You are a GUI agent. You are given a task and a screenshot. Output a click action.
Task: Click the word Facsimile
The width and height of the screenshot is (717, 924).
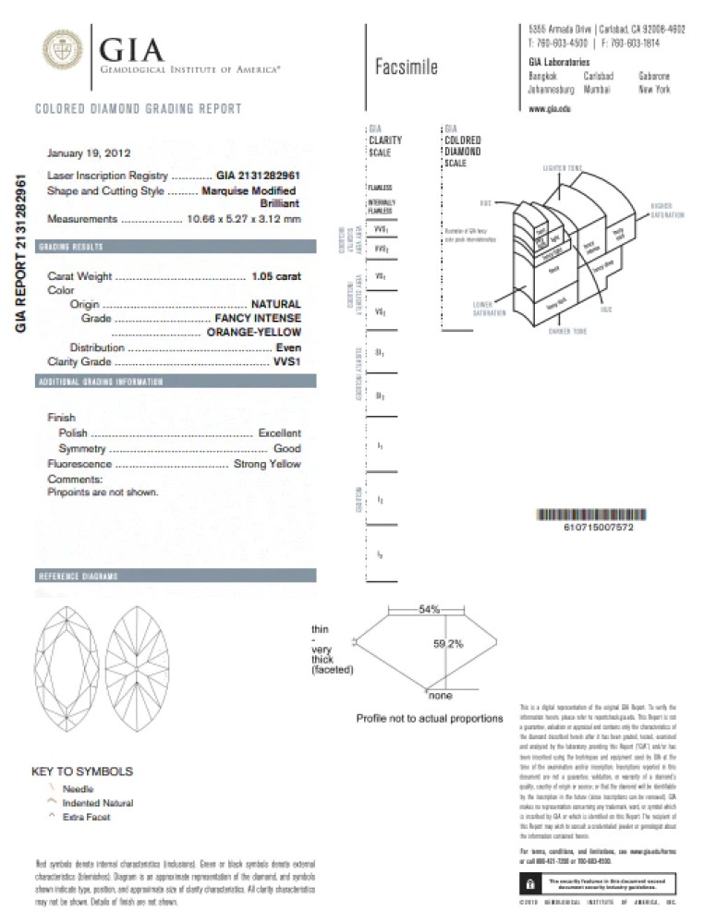pos(407,67)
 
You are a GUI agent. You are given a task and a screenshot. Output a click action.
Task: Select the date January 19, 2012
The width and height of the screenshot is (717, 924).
pos(89,152)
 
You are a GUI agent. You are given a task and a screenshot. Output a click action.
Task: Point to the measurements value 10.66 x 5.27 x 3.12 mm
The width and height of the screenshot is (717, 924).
pos(244,219)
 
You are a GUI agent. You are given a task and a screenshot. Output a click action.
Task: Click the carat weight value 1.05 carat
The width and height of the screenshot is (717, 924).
pos(276,275)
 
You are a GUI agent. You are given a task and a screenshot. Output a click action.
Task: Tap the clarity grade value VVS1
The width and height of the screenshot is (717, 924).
pos(287,361)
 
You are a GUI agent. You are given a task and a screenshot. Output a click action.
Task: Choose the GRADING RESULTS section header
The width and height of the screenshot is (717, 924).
pos(70,248)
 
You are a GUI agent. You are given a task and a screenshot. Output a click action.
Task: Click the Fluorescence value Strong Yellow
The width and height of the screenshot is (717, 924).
pos(267,464)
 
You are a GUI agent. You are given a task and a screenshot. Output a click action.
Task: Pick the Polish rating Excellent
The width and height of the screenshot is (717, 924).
pos(279,432)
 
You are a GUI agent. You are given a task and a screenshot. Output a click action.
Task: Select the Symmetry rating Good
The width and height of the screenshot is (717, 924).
pos(286,448)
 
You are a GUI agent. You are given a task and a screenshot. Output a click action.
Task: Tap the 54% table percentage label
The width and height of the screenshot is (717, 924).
pos(429,610)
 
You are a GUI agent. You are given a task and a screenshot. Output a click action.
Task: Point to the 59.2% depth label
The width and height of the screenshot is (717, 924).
pos(448,644)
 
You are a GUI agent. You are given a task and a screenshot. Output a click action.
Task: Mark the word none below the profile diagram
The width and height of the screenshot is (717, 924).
pos(440,695)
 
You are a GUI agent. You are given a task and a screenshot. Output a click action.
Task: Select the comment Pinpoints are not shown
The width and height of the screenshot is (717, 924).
pos(103,492)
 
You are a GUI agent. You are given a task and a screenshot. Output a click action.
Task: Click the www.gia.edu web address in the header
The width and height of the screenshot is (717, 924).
pos(549,109)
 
